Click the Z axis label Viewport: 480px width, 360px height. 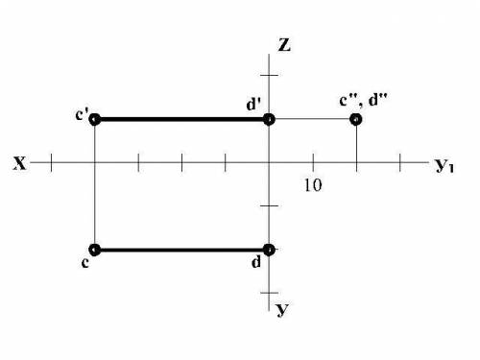(284, 45)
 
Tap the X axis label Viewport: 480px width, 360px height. (20, 163)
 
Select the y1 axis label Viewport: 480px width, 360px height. (444, 165)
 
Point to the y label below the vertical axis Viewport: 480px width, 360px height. (282, 309)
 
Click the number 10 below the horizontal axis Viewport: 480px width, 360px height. (313, 185)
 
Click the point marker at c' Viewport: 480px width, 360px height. (95, 120)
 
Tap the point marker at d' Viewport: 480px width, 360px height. (269, 120)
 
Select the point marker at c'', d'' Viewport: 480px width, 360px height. (356, 119)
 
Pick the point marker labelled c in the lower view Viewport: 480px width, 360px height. (95, 250)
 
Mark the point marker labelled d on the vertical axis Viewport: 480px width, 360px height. (269, 250)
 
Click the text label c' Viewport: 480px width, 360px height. (82, 114)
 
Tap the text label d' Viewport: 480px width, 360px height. (253, 105)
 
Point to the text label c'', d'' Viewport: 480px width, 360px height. (363, 100)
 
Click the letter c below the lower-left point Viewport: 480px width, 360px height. (84, 263)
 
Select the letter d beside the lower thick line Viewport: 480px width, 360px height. (256, 262)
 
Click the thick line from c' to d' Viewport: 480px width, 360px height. (182, 120)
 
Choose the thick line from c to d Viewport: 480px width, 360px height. (182, 250)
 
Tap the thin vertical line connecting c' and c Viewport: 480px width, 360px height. (95, 184)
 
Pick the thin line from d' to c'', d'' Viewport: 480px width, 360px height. (313, 119)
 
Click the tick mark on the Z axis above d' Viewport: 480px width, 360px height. (269, 75)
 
